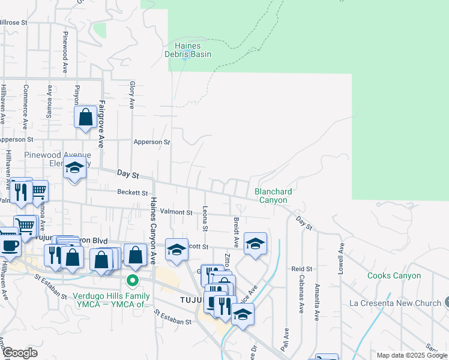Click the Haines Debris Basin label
point(188,50)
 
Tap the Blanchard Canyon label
point(273,196)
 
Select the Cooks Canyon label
point(394,275)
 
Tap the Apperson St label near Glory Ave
point(152,142)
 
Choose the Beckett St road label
point(133,193)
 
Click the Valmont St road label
point(176,212)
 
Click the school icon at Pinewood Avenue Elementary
point(75,169)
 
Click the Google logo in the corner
point(20,353)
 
